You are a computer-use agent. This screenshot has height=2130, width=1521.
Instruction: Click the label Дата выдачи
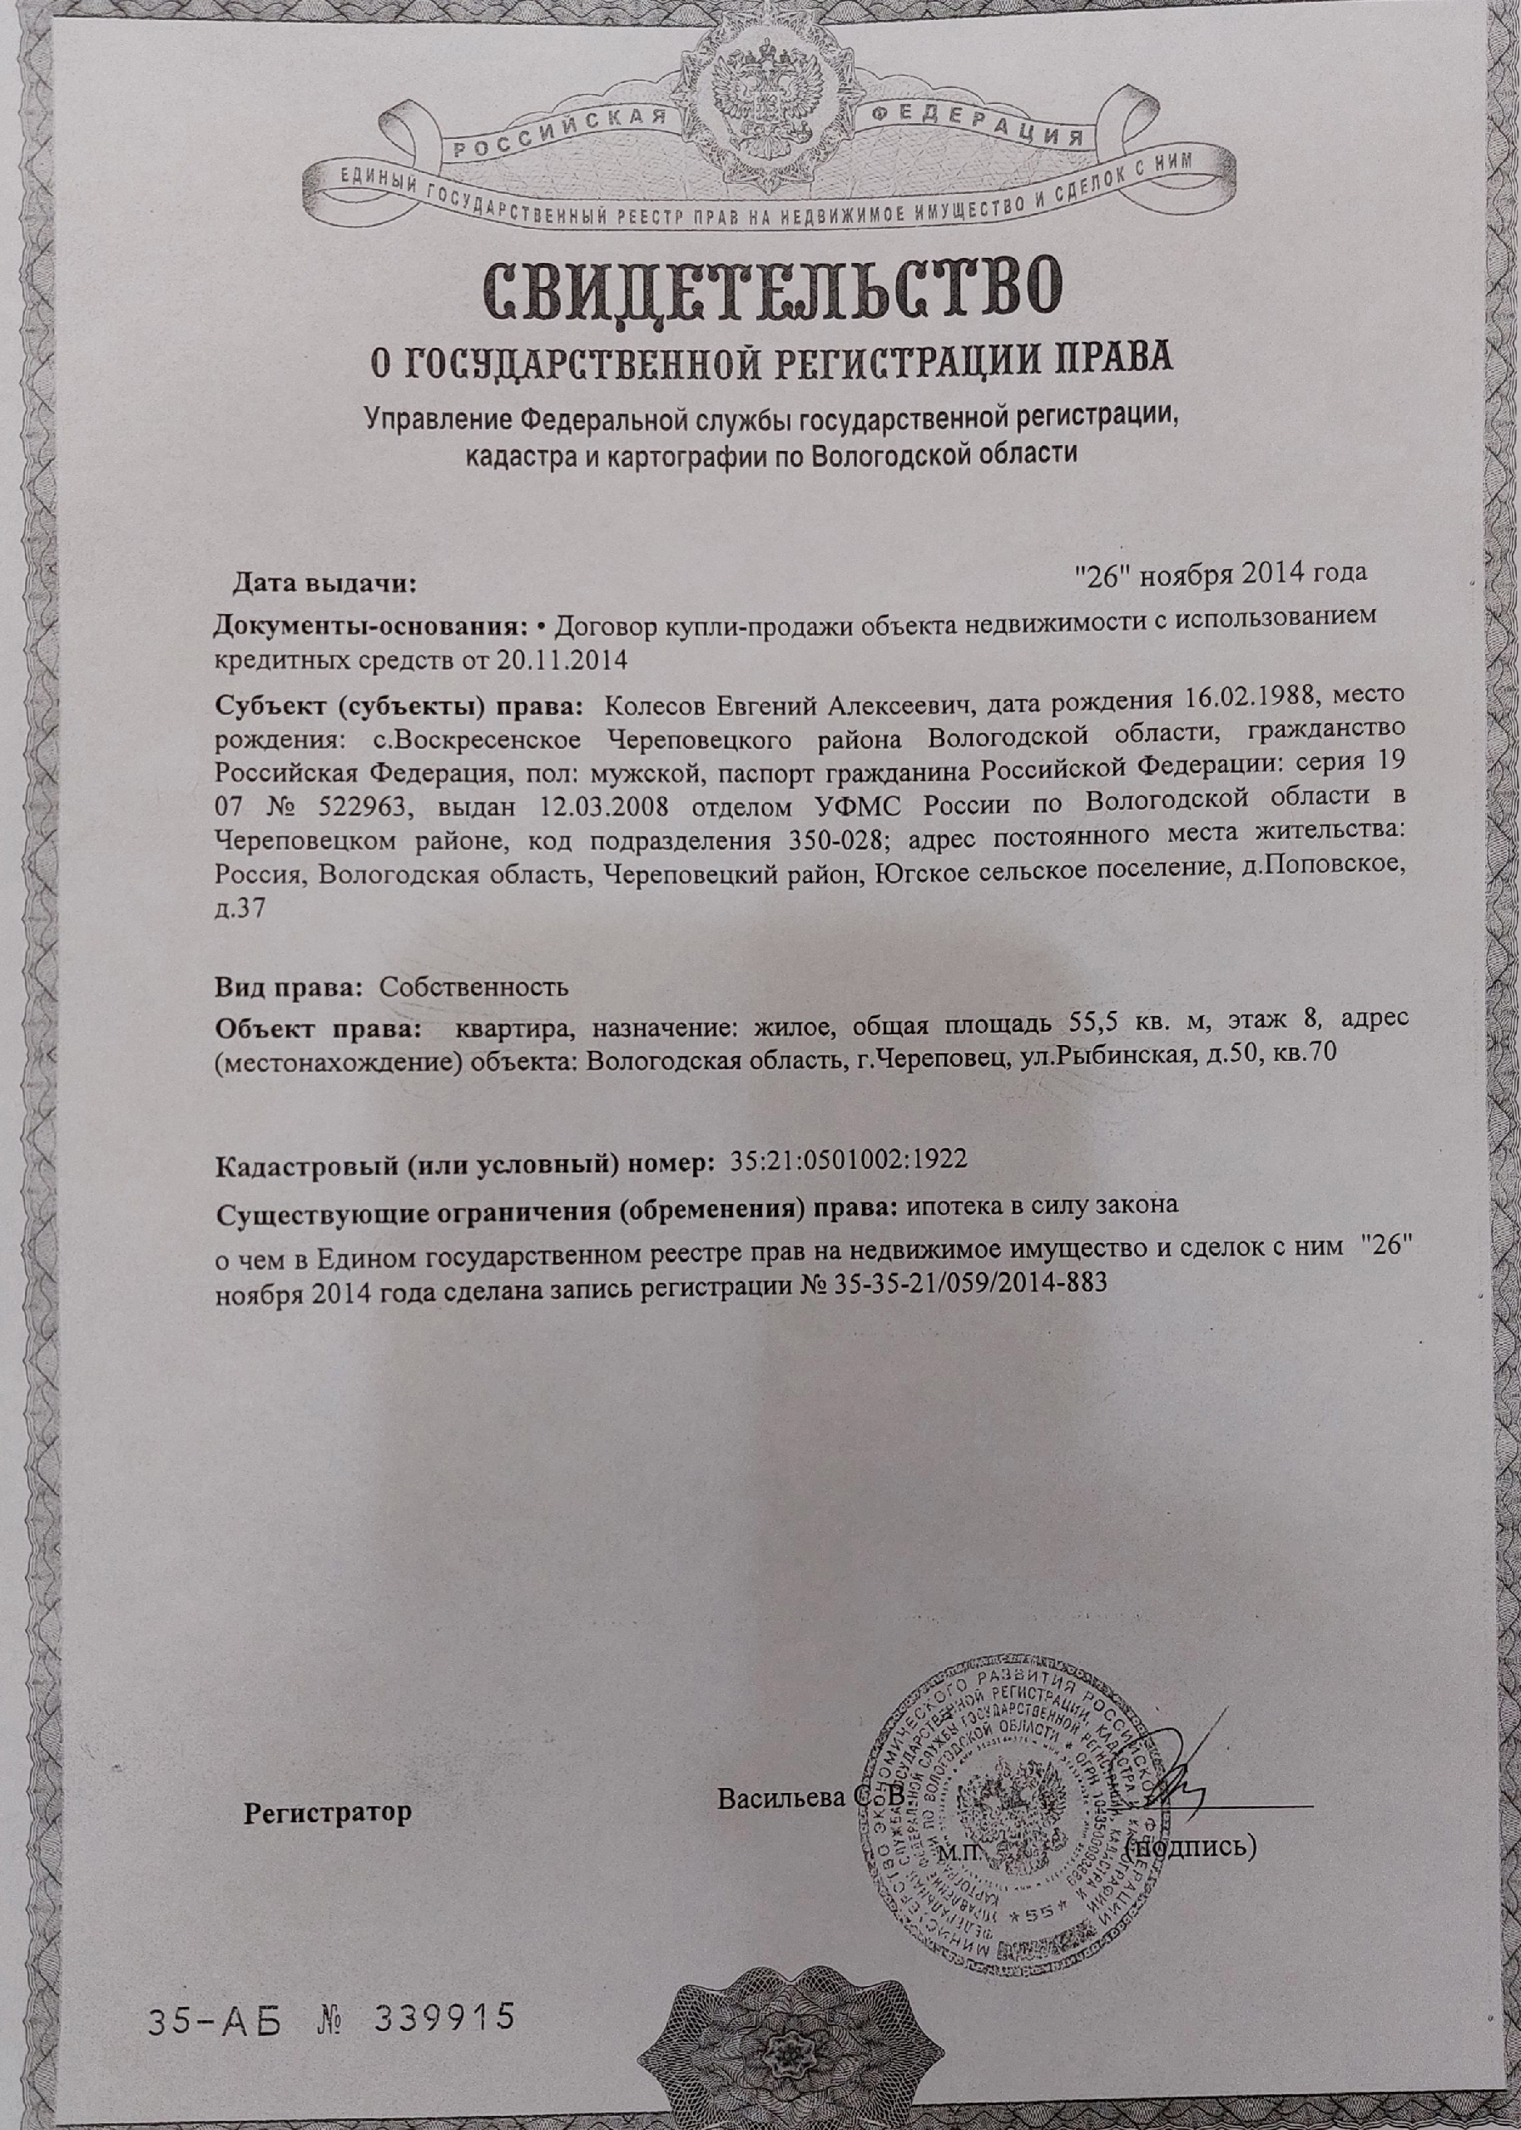(323, 584)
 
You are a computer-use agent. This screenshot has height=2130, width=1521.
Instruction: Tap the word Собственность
(474, 987)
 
